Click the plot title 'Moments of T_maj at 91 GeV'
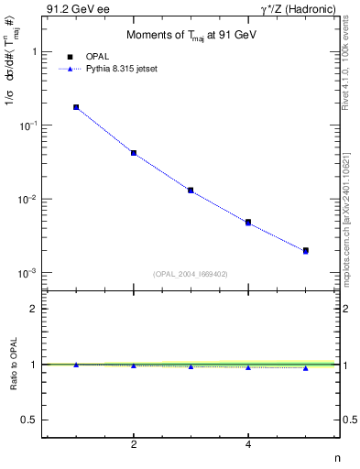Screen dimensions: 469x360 click(190, 36)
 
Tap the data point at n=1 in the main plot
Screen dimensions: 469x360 click(76, 107)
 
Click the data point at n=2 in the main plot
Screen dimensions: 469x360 click(134, 153)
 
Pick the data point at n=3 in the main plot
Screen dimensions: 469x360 click(191, 191)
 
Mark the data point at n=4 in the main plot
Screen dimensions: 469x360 click(248, 222)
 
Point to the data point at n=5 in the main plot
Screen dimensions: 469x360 click(305, 250)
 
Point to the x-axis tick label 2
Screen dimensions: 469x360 click(134, 444)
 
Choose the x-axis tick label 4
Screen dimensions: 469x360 click(248, 444)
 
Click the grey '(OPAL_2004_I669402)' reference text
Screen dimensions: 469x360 click(190, 273)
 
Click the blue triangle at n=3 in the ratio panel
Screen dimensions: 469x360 click(191, 366)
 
